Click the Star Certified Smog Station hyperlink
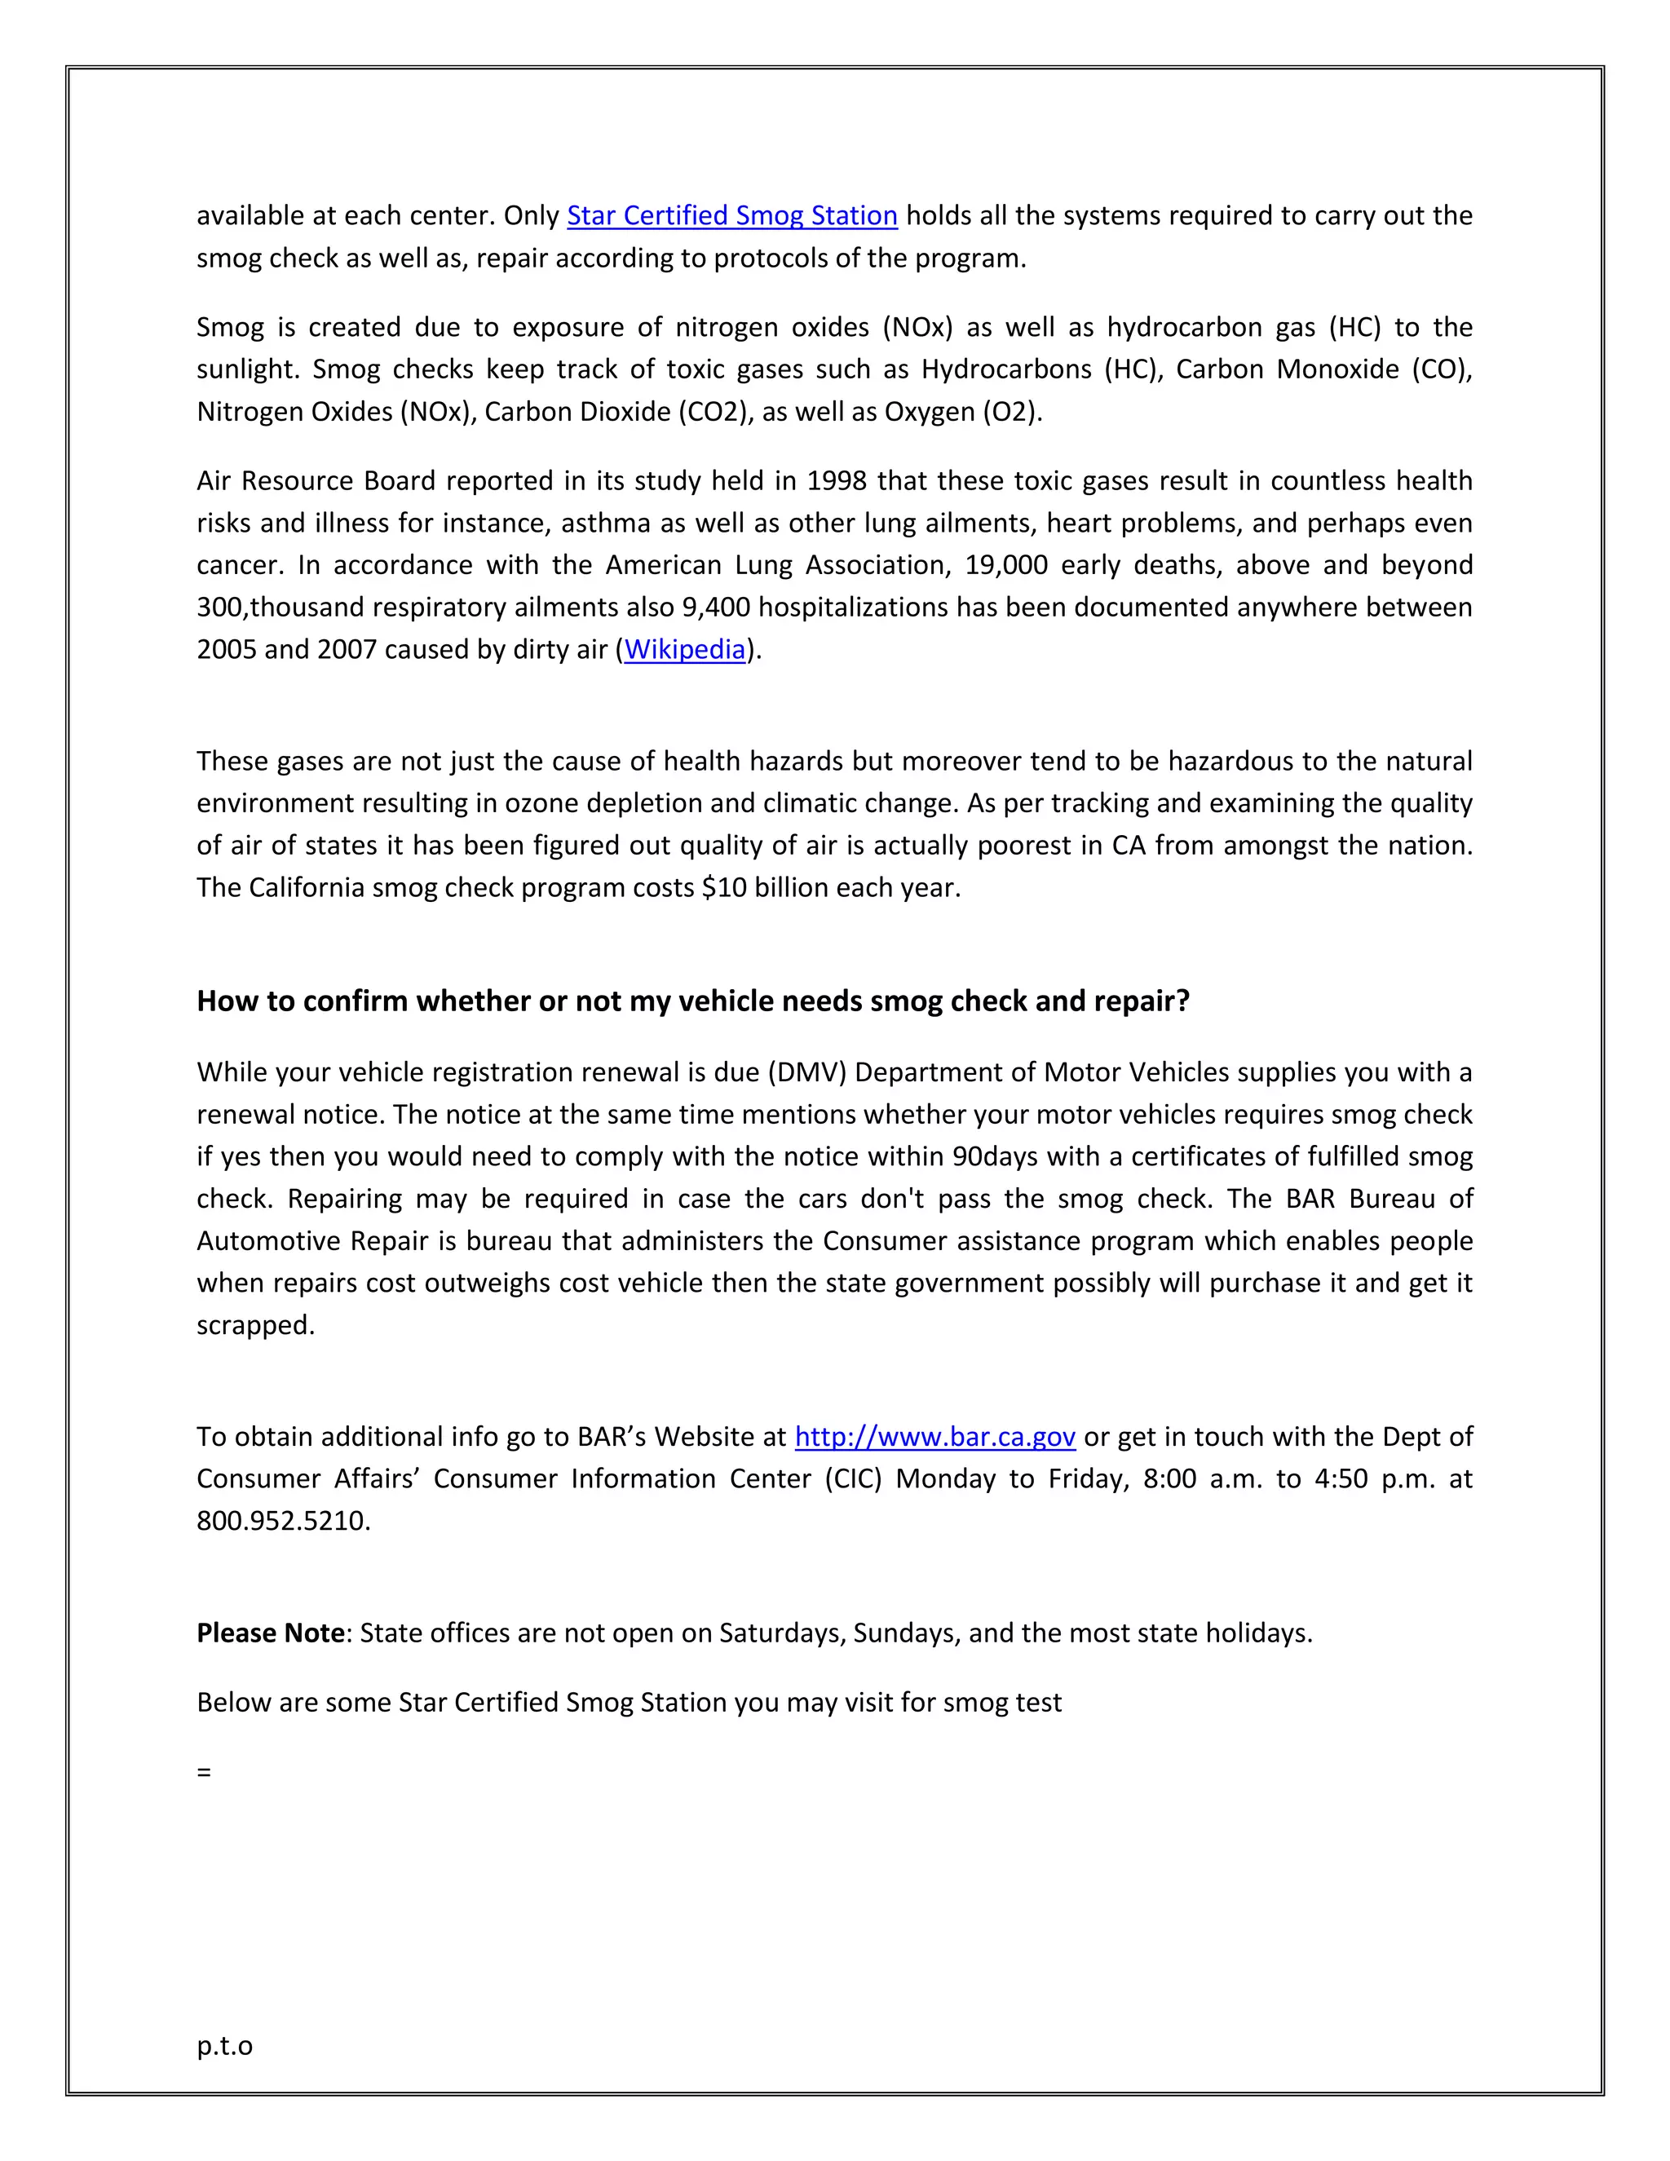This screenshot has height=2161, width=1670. coord(731,216)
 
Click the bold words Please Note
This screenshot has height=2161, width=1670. coord(270,1633)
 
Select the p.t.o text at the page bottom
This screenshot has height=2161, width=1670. coord(224,2045)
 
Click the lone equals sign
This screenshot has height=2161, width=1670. coord(204,1772)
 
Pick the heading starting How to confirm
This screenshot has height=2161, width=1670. coord(692,1001)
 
